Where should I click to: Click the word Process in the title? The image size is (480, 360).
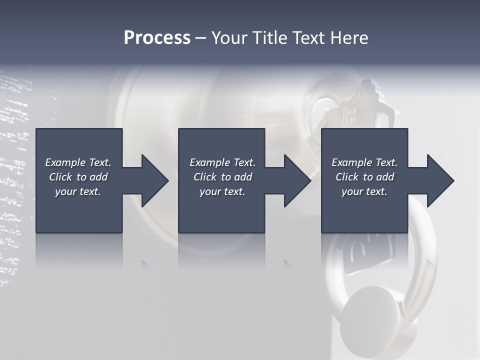[x=157, y=38]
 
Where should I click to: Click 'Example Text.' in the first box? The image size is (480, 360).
[x=78, y=162]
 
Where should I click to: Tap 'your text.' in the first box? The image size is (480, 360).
[x=78, y=191]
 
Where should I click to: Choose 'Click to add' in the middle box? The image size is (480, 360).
[x=222, y=177]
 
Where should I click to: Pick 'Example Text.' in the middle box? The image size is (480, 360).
[x=222, y=162]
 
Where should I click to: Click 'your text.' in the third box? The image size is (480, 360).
[x=364, y=191]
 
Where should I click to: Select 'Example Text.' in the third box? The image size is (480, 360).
[x=364, y=162]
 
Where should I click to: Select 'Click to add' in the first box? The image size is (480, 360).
[x=78, y=177]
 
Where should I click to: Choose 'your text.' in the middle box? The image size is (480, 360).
[x=222, y=191]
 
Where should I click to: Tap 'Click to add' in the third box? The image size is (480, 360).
[x=364, y=177]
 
